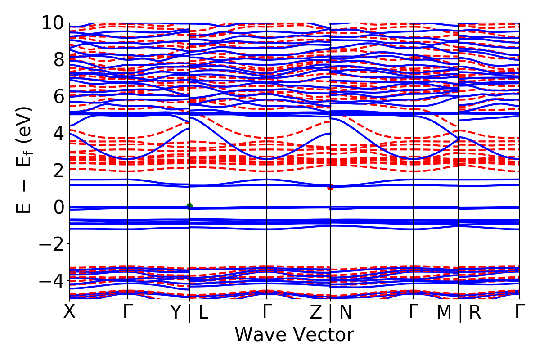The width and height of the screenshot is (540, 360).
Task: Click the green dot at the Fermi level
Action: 189,207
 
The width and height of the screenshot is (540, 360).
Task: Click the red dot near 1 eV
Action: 330,187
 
